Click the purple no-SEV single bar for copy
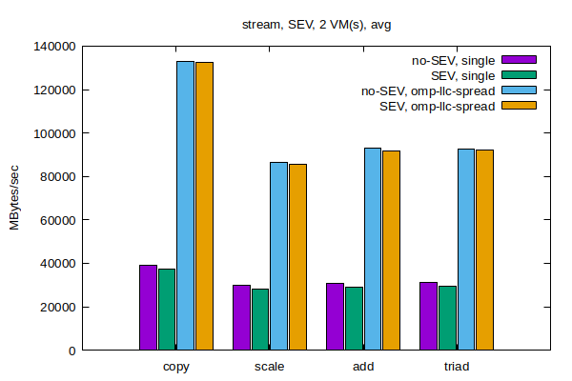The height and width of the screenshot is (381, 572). click(148, 308)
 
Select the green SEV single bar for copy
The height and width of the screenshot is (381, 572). click(167, 310)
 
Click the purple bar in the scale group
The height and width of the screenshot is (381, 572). click(241, 317)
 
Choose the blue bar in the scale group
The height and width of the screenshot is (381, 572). click(278, 256)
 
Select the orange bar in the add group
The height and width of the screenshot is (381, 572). click(391, 251)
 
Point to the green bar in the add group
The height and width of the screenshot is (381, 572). click(354, 318)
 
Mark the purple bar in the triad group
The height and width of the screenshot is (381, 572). click(428, 316)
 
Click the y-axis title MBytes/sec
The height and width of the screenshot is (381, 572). click(15, 197)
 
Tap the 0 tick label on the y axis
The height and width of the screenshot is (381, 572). click(72, 351)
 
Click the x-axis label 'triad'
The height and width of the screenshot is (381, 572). click(457, 367)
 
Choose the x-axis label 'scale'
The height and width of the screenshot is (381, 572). click(269, 367)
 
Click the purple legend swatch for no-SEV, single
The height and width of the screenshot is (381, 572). click(520, 61)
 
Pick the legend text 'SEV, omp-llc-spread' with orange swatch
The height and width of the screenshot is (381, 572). click(438, 106)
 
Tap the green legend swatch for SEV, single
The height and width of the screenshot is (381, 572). click(520, 75)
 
